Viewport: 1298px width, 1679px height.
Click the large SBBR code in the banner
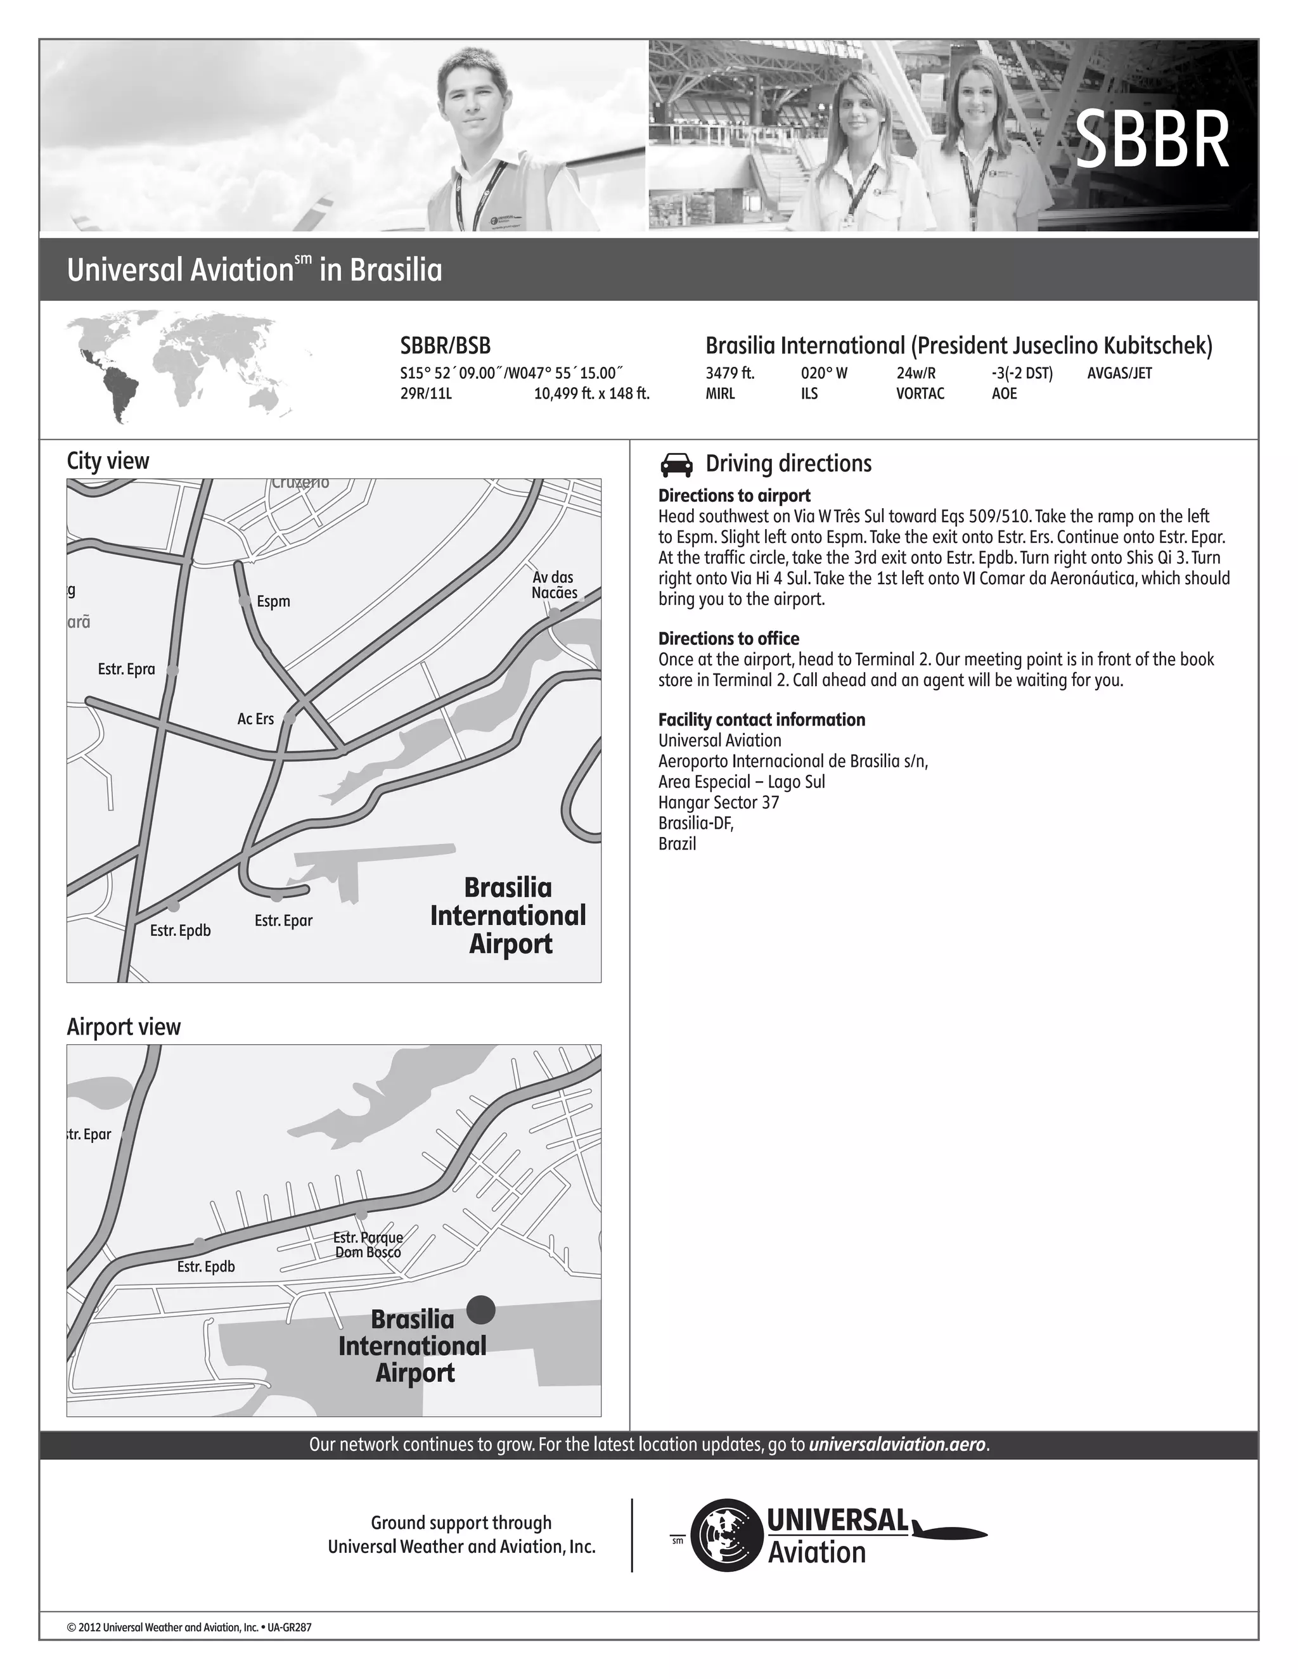1151,141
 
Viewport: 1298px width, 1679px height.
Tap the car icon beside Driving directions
676,464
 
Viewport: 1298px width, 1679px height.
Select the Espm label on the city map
273,601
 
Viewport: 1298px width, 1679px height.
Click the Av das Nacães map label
554,585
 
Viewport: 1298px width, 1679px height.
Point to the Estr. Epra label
126,669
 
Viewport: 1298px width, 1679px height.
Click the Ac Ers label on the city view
255,719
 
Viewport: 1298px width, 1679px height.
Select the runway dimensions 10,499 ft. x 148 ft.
591,393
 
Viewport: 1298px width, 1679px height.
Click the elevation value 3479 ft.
729,374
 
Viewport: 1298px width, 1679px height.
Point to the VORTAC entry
920,393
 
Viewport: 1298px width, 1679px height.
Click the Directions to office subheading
728,638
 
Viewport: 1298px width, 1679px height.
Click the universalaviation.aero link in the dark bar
897,1445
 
